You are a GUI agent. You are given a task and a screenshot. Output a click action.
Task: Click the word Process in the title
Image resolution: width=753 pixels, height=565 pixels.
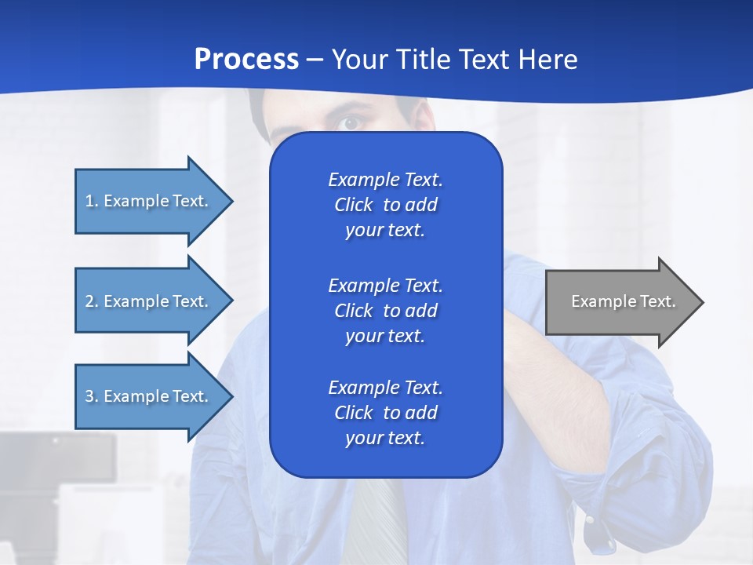(246, 60)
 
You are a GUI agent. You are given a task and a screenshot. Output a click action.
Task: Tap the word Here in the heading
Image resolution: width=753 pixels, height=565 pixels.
(547, 60)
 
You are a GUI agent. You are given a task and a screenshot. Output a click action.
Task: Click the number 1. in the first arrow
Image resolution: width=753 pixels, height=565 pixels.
(92, 201)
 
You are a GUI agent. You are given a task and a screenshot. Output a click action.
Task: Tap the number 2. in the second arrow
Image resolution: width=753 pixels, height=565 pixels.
(92, 301)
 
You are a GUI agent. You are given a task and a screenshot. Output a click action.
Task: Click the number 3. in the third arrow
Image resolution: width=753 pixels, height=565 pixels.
(92, 396)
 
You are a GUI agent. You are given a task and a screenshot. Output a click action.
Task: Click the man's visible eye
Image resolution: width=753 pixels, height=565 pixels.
(350, 122)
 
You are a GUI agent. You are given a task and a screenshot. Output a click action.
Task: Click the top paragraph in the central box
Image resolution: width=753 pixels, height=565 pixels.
(385, 205)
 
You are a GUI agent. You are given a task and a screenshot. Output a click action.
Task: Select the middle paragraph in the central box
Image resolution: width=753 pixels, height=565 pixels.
(385, 310)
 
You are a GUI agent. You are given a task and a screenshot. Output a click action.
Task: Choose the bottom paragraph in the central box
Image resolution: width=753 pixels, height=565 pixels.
(385, 413)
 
